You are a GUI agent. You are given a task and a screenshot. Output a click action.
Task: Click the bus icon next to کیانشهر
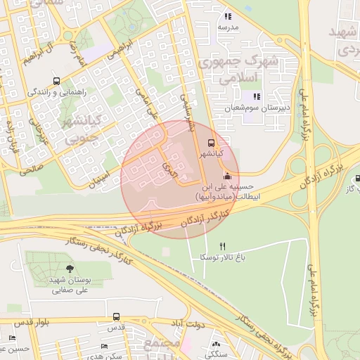pyautogui.click(x=213, y=143)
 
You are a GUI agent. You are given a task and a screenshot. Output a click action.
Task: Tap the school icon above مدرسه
pyautogui.click(x=227, y=16)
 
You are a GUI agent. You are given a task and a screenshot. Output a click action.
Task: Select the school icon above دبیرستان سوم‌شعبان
pyautogui.click(x=257, y=96)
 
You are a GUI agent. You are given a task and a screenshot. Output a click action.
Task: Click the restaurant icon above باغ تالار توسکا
pyautogui.click(x=223, y=246)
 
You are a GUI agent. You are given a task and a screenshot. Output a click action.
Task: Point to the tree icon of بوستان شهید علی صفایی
pyautogui.click(x=69, y=269)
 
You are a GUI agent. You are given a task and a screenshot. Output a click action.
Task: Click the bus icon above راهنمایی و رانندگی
pyautogui.click(x=56, y=80)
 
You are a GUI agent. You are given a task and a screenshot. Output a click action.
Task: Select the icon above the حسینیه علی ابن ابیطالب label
pyautogui.click(x=226, y=176)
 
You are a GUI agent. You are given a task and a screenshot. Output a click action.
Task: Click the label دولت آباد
pyautogui.click(x=185, y=323)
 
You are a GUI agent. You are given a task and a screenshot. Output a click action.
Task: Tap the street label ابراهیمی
pyautogui.click(x=120, y=48)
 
